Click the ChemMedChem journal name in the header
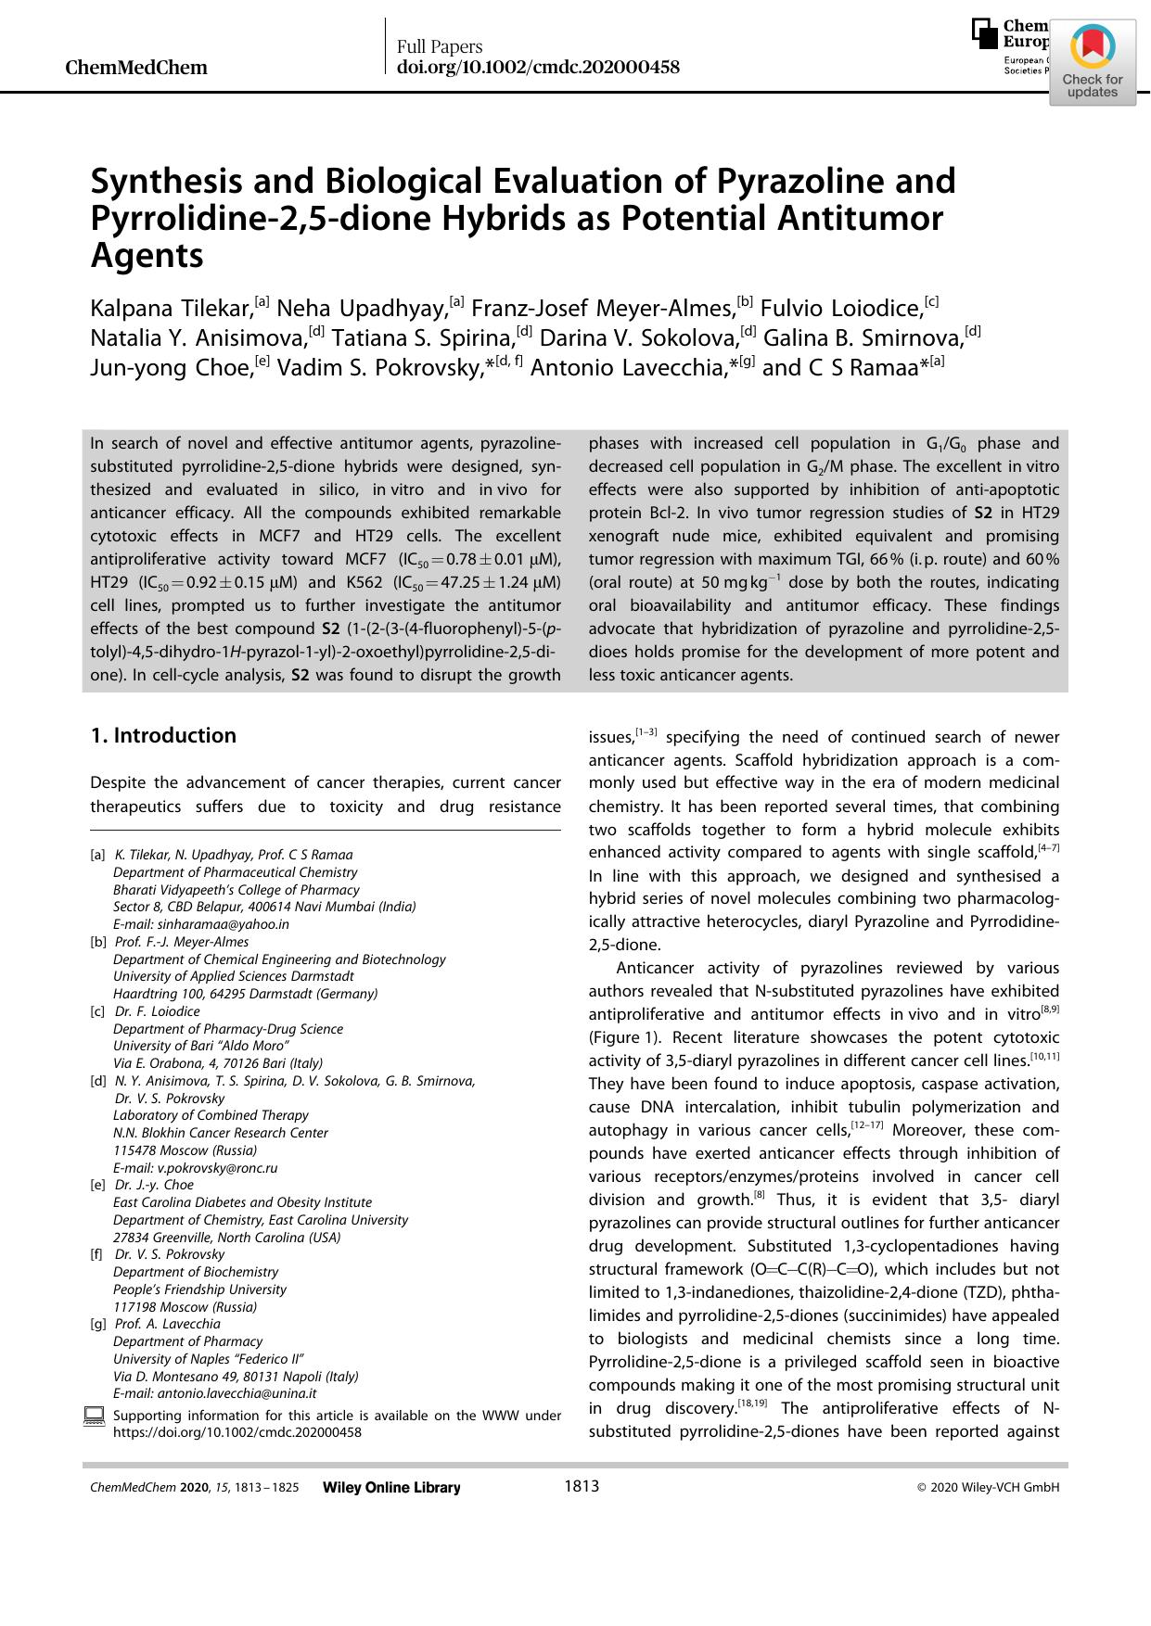136,68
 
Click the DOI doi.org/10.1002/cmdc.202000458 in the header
538,68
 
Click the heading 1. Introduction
163,736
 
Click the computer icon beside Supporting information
94,1416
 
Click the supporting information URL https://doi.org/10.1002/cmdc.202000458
237,1432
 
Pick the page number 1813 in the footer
582,1487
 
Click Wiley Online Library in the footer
390,1488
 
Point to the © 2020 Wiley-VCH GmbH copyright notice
987,1488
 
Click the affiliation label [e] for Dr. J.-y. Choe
96,1185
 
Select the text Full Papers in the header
440,47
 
